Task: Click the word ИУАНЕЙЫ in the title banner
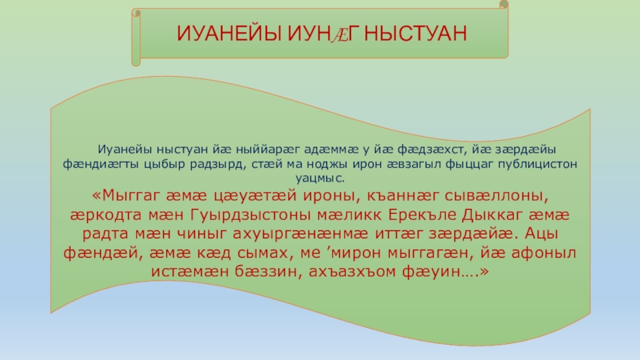coord(229,34)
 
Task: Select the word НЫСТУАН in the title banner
coord(415,34)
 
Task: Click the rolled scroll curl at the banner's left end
coord(136,38)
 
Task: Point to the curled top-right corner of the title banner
coord(504,5)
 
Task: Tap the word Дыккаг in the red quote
coord(492,214)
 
